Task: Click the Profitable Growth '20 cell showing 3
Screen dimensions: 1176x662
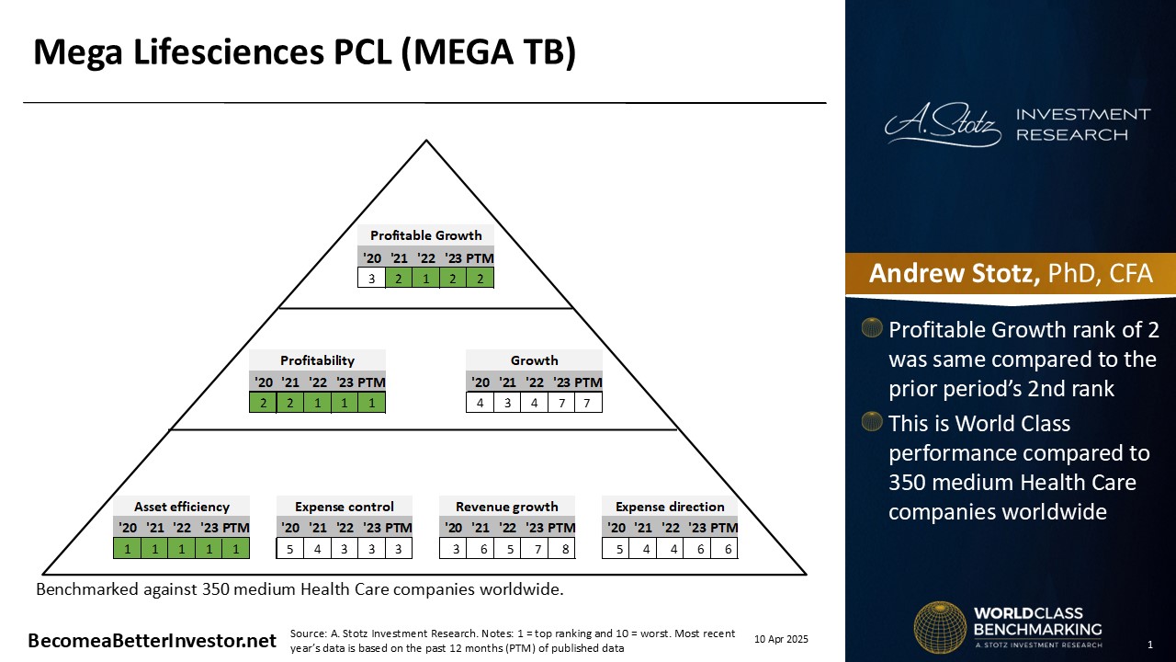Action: tap(371, 278)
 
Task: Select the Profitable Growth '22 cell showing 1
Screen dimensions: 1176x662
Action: tap(425, 278)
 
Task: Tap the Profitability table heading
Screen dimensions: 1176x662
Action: tap(317, 360)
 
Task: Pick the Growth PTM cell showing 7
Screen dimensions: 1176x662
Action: tap(588, 403)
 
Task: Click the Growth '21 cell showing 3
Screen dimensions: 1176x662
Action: tap(507, 403)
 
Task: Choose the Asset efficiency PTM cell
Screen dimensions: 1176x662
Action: tap(236, 549)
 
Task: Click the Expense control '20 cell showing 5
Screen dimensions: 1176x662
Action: tap(289, 549)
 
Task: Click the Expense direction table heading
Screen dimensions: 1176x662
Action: tap(670, 507)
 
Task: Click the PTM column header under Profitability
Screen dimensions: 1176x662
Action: tap(371, 382)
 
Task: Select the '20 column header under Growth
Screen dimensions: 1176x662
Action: tap(481, 382)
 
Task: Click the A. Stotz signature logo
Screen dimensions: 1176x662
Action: tap(943, 124)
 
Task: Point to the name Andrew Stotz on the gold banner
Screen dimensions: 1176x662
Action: tap(954, 273)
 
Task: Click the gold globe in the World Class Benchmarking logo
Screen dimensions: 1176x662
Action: tap(940, 627)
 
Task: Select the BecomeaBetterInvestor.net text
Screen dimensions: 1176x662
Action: tap(152, 641)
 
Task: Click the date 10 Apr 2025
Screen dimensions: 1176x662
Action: tap(781, 639)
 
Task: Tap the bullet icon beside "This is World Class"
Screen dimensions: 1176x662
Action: tap(872, 421)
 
